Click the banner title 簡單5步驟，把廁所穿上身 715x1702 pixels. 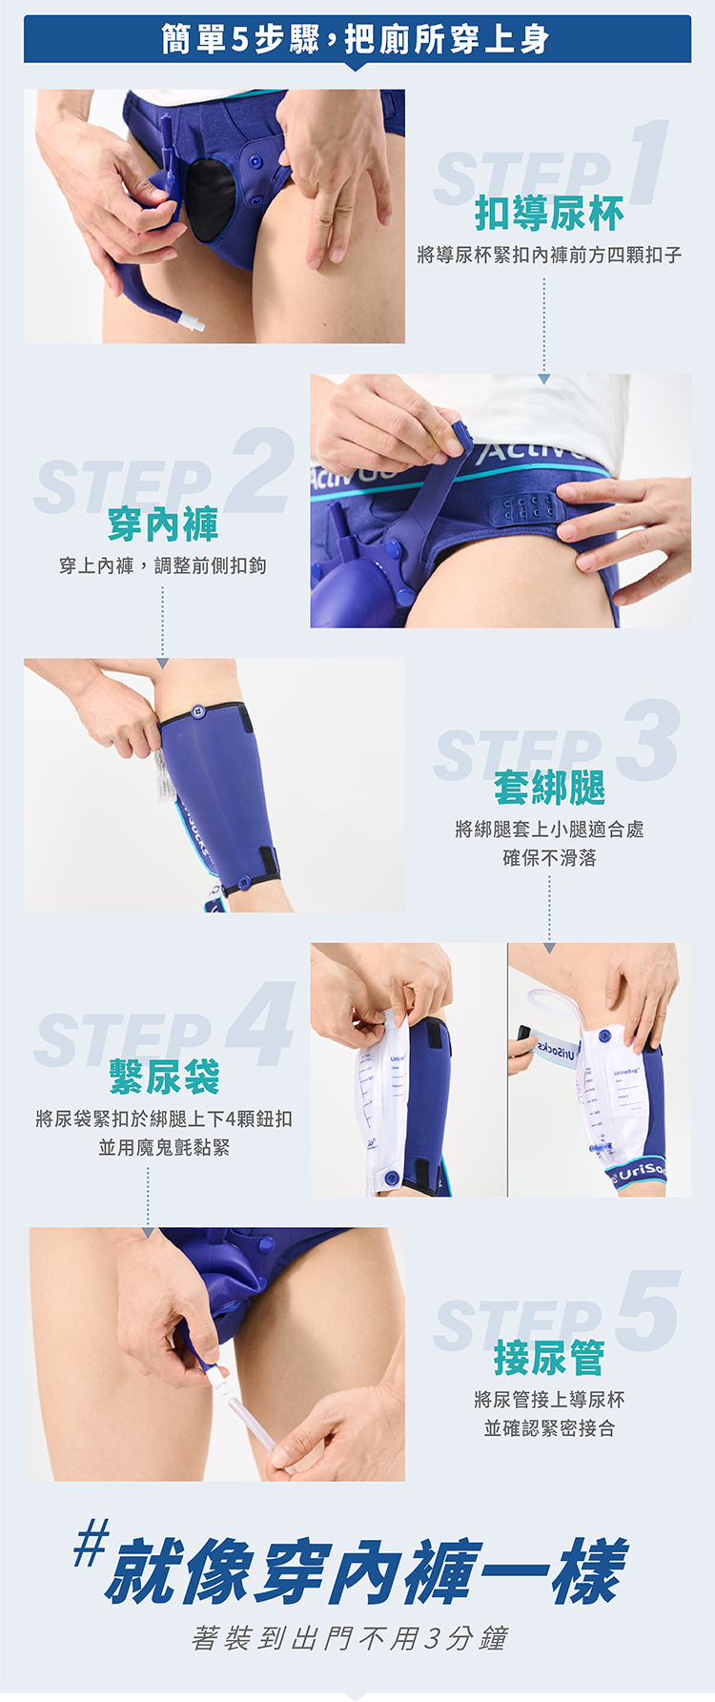tap(357, 39)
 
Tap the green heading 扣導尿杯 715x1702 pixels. tap(549, 214)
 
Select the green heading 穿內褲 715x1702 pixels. tap(163, 524)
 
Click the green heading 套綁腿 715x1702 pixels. tap(549, 789)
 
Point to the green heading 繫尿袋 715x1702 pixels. tap(164, 1077)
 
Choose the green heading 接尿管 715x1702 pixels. tap(549, 1358)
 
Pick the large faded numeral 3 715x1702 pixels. tap(647, 741)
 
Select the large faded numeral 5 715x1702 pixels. tap(648, 1311)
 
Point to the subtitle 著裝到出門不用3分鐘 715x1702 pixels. tap(350, 1638)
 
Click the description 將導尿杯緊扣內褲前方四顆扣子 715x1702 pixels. tap(549, 255)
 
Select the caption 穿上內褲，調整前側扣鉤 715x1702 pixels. tap(163, 565)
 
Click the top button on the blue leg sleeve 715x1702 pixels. tap(198, 711)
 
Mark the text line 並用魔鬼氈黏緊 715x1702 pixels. tap(164, 1147)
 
